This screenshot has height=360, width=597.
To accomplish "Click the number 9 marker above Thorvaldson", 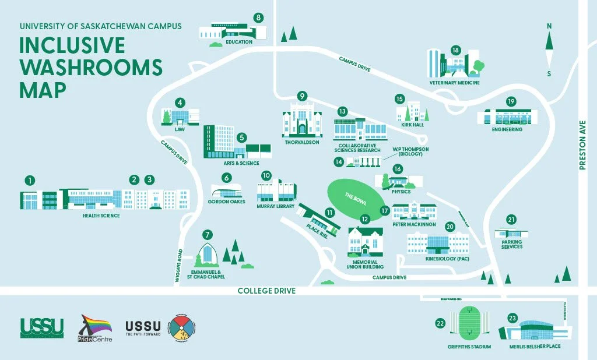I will (301, 96).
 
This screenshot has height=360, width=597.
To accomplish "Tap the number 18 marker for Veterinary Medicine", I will (455, 50).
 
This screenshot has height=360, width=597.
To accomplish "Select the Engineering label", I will (507, 129).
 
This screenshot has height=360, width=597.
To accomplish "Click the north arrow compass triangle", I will (549, 43).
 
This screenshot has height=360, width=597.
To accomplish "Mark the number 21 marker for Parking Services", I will (511, 220).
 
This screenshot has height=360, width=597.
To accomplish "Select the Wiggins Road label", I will (179, 266).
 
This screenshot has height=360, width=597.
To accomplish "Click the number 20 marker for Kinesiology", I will (449, 226).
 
